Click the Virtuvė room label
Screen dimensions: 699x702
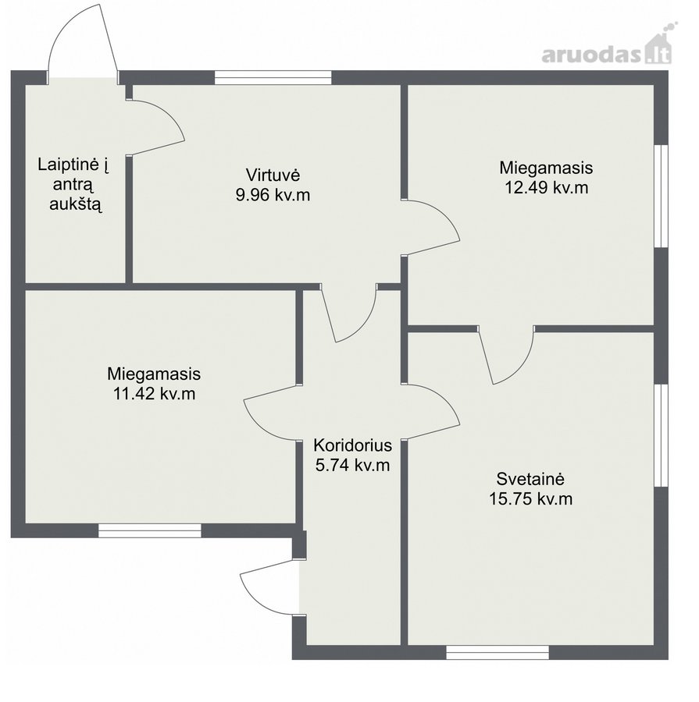[x=273, y=174]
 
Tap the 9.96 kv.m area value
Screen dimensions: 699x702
[x=273, y=195]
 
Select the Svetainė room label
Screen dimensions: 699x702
[x=530, y=479]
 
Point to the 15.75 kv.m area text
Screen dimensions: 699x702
[x=530, y=498]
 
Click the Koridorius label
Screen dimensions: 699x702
[x=352, y=445]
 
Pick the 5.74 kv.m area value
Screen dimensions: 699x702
[x=352, y=465]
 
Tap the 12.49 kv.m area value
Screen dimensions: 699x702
[x=546, y=187]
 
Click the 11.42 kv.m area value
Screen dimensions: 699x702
[x=154, y=394]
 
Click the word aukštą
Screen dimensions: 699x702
[x=76, y=204]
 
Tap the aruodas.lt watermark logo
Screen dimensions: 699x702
[x=607, y=49]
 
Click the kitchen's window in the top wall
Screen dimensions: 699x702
[x=273, y=77]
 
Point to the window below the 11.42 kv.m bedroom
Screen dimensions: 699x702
[x=150, y=530]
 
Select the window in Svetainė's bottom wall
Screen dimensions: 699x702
[x=498, y=652]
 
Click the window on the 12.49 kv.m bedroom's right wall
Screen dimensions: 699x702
[x=661, y=196]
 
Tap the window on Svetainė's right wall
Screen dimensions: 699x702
[x=661, y=435]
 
